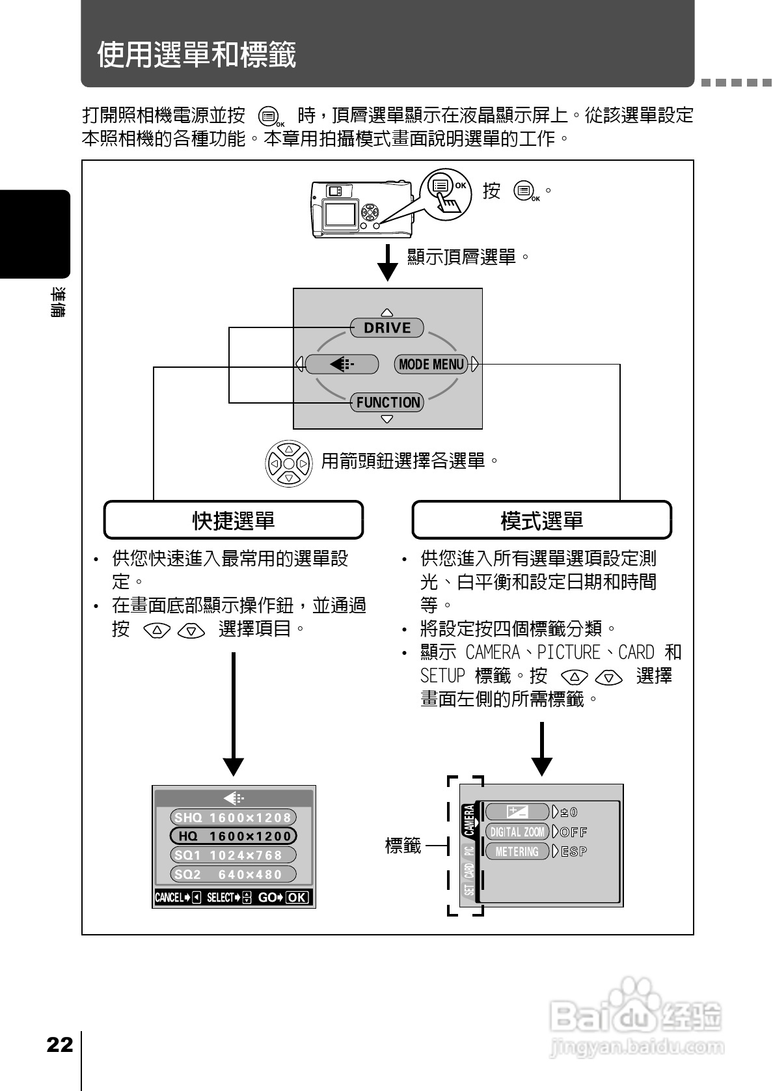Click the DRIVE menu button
pos(387,327)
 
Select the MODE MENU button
pos(431,364)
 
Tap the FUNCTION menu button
pos(387,402)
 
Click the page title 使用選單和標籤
pos(197,54)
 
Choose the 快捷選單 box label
pos(234,520)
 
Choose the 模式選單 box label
pos(541,520)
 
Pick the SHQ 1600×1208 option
pos(233,818)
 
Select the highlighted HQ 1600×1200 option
pos(233,836)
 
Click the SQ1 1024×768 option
pos(233,855)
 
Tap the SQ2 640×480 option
pos(233,874)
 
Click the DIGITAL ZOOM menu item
pos(517,832)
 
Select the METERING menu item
pos(517,851)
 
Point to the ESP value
pos(574,851)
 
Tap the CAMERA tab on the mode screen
pos(469,820)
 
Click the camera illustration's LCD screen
pos(340,214)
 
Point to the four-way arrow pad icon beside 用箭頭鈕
pos(289,463)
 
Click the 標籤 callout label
pos(403,846)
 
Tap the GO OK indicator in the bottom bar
pos(284,898)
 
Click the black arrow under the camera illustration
pos(388,262)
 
